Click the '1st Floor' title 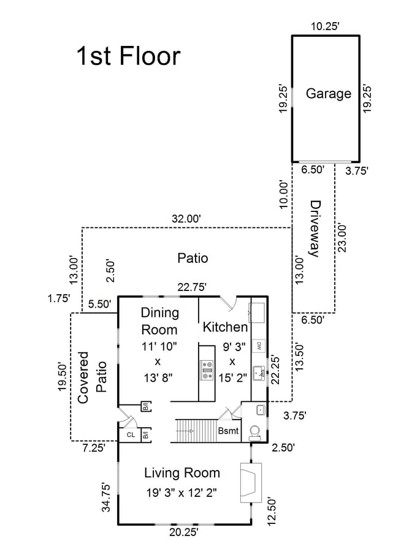(128, 56)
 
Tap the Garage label (329, 94)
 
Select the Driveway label (315, 229)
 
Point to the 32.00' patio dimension (186, 219)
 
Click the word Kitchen (225, 327)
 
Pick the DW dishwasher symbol (258, 346)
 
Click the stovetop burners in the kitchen (207, 370)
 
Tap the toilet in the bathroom (255, 432)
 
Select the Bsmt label (228, 431)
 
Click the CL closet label (131, 434)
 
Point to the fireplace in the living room (251, 483)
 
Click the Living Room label (182, 473)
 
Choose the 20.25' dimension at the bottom (184, 532)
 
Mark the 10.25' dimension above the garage (325, 26)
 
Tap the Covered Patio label (92, 377)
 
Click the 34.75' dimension (106, 498)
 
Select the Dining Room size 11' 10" (159, 346)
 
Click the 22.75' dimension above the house (193, 287)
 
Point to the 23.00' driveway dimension (342, 238)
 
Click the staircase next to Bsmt (196, 431)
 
